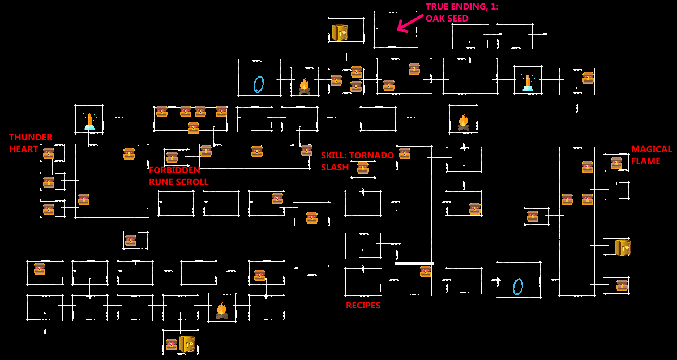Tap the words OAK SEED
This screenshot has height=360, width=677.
point(447,19)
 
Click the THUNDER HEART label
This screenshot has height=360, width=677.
point(31,143)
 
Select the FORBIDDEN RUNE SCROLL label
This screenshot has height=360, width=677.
point(178,176)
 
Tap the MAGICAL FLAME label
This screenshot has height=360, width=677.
point(652,155)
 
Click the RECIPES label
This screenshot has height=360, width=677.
point(363,306)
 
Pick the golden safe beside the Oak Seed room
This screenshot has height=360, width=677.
point(339,32)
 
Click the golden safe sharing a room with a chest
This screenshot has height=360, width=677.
point(186,344)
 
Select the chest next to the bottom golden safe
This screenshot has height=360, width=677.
point(172,345)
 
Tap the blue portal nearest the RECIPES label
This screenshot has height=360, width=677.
point(518,286)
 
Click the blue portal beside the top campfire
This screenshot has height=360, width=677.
point(259,84)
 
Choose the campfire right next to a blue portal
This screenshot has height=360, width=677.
point(305,86)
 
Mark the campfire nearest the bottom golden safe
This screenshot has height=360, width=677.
point(222,310)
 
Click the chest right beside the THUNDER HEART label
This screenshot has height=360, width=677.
point(49,153)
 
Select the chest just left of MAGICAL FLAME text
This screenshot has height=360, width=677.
point(616,163)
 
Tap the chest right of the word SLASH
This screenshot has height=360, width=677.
point(363,168)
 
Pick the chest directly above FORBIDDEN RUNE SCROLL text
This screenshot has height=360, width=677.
point(172,157)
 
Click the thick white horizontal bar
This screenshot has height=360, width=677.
point(414,263)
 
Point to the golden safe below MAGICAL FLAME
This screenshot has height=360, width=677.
point(622,247)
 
